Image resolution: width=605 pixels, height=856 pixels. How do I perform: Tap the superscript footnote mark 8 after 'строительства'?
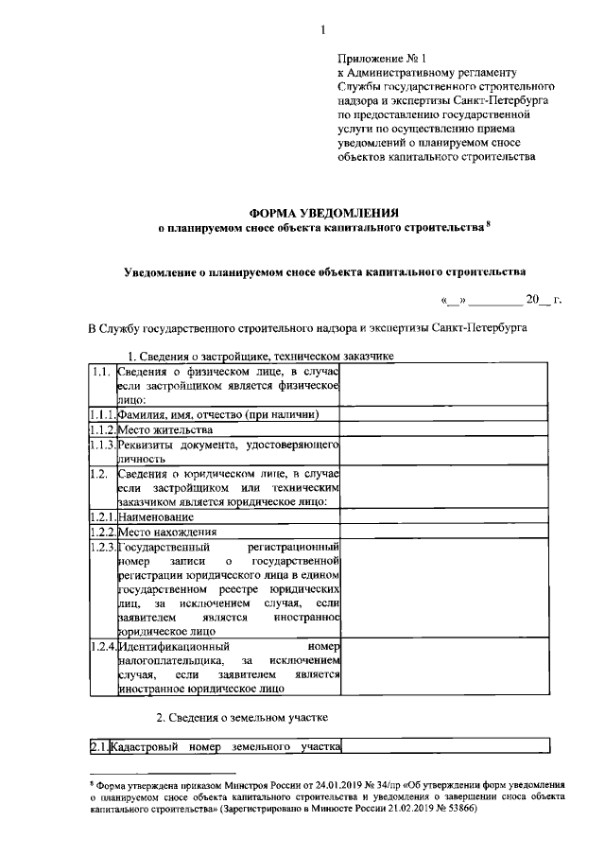click(x=489, y=224)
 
